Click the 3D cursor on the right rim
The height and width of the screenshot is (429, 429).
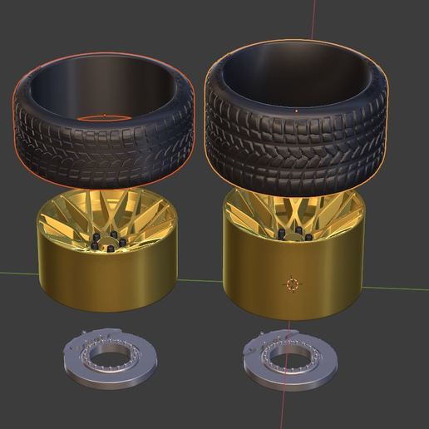coord(291,284)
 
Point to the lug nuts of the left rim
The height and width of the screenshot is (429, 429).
coord(108,240)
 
